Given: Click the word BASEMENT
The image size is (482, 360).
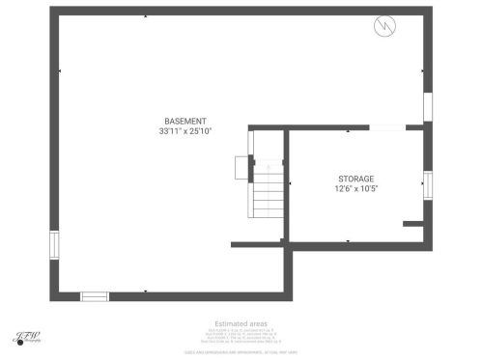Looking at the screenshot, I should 185,121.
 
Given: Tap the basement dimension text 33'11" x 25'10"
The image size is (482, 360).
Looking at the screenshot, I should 185,130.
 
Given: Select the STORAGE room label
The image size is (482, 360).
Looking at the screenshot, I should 355,179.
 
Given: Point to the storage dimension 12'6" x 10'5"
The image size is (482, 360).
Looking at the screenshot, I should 355,189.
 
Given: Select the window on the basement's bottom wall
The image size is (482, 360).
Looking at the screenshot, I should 94,296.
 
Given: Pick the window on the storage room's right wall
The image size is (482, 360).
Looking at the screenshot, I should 426,183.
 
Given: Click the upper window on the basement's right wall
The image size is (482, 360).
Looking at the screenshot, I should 426,107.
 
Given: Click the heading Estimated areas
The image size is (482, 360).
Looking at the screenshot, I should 241,324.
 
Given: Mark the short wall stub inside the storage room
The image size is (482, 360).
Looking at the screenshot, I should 413,224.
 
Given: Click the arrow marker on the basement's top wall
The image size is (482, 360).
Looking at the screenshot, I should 145,15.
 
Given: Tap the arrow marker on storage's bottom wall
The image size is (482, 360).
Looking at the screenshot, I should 348,241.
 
